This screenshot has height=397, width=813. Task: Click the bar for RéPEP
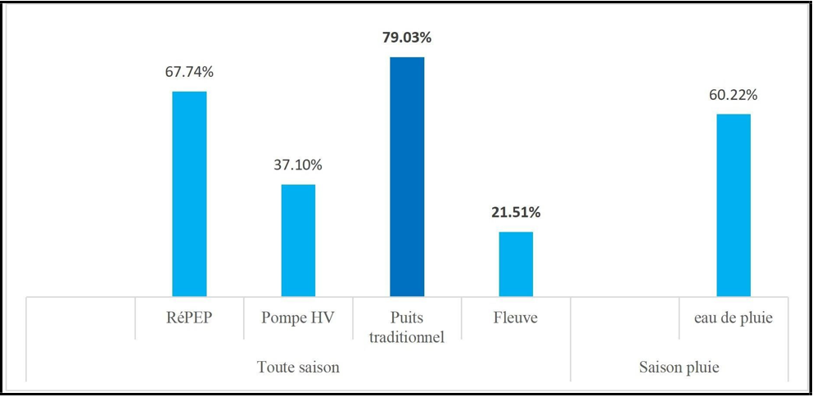pyautogui.click(x=189, y=193)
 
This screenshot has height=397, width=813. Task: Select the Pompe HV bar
pyautogui.click(x=298, y=240)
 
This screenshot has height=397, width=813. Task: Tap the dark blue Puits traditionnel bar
pyautogui.click(x=407, y=176)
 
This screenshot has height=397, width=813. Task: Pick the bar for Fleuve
pyautogui.click(x=516, y=264)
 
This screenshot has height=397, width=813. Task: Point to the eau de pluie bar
pyautogui.click(x=734, y=205)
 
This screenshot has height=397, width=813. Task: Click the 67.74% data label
pyautogui.click(x=189, y=72)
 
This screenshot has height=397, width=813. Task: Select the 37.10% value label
pyautogui.click(x=298, y=165)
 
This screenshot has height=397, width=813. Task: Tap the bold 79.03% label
pyautogui.click(x=407, y=38)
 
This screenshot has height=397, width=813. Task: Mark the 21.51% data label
pyautogui.click(x=516, y=213)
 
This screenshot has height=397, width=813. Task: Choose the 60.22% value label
pyautogui.click(x=734, y=95)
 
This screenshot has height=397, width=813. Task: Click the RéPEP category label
pyautogui.click(x=189, y=318)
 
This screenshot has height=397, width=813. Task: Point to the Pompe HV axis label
pyautogui.click(x=298, y=318)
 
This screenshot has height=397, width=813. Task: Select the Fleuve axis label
pyautogui.click(x=516, y=318)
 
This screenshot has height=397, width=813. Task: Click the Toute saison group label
pyautogui.click(x=298, y=368)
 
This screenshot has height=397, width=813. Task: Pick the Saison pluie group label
pyautogui.click(x=679, y=368)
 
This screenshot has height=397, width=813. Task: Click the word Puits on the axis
pyautogui.click(x=407, y=318)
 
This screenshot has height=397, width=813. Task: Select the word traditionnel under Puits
pyautogui.click(x=407, y=336)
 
